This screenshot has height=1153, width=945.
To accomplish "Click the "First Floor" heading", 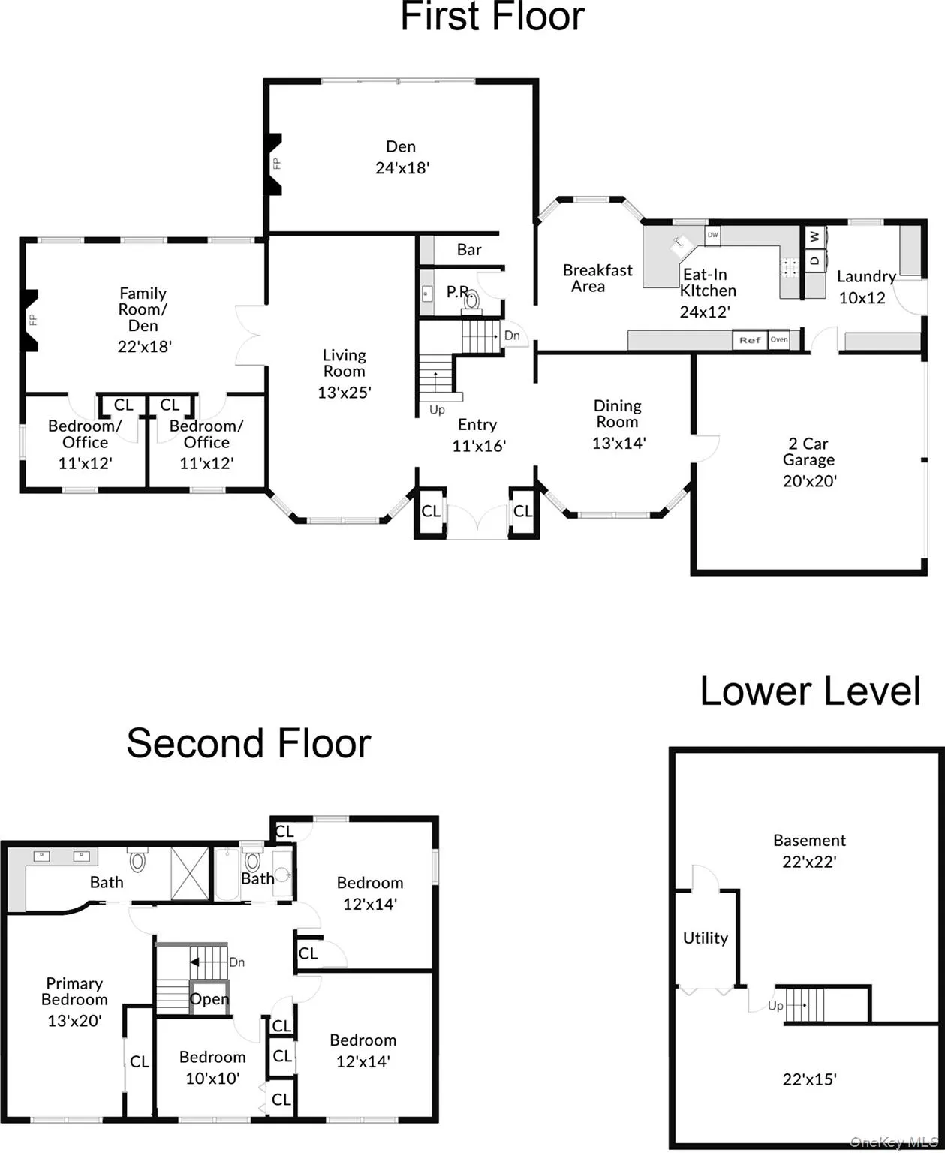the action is pyautogui.click(x=492, y=17).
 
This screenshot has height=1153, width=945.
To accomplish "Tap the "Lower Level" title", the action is pyautogui.click(x=810, y=691).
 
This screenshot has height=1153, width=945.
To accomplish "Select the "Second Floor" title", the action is pyautogui.click(x=248, y=743).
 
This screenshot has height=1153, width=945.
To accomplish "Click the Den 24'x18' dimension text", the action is pyautogui.click(x=402, y=168).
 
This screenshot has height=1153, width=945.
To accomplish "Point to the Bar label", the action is pyautogui.click(x=469, y=250).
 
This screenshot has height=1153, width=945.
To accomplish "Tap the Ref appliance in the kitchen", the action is pyautogui.click(x=750, y=340).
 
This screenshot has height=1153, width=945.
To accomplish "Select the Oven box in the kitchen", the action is pyautogui.click(x=779, y=339).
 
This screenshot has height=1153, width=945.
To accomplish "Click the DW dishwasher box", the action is pyautogui.click(x=713, y=235).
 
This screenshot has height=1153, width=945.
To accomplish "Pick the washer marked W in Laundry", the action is pyautogui.click(x=815, y=236).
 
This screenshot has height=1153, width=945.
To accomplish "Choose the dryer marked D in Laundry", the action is pyautogui.click(x=815, y=260).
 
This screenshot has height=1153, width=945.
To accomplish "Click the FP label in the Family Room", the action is pyautogui.click(x=33, y=320).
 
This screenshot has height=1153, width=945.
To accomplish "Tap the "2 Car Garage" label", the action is pyautogui.click(x=808, y=452).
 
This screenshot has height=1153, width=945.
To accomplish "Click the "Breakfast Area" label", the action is pyautogui.click(x=597, y=278).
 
